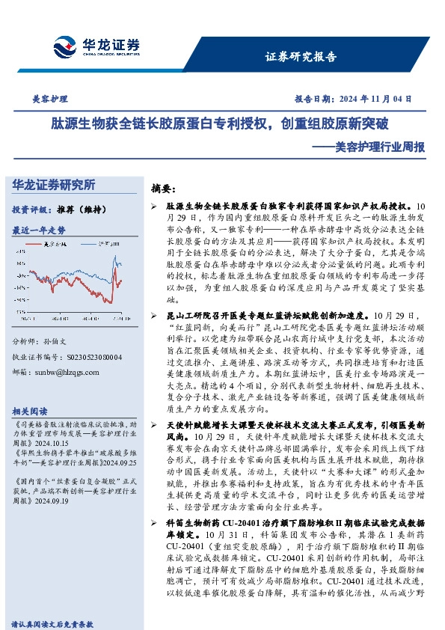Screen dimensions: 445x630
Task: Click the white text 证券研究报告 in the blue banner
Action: point(301,56)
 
